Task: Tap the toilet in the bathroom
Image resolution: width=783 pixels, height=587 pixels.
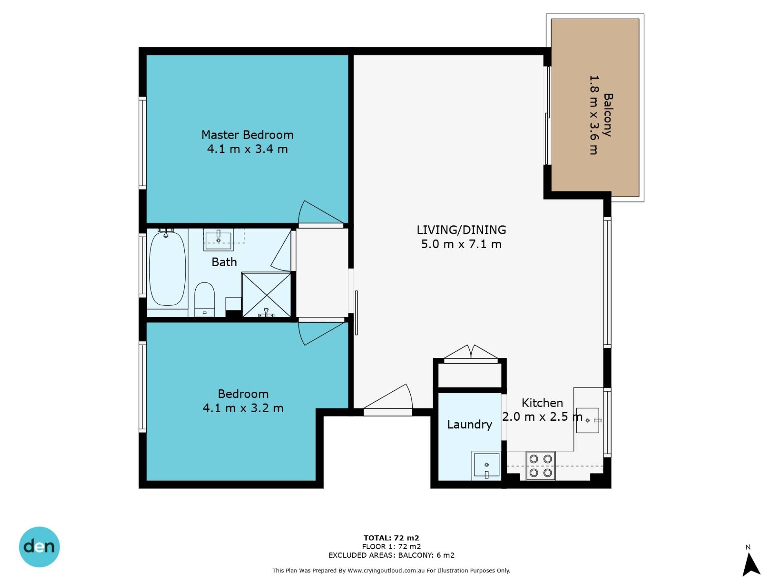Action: point(204,299)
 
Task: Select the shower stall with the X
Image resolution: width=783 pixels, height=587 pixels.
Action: point(266,295)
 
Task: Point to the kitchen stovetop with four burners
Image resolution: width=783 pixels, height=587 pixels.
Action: point(540,466)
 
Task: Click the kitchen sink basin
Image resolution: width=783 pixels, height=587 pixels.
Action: point(587,420)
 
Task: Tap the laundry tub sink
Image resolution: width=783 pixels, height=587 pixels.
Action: point(486,466)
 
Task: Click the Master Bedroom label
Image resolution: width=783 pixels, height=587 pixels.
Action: point(248,135)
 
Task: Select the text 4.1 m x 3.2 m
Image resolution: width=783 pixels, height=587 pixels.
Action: point(243,408)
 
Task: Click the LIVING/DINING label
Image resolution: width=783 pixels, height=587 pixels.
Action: point(461,230)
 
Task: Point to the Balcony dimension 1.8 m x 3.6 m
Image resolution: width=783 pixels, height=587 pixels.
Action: point(594,115)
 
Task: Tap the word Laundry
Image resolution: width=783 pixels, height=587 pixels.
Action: point(469,425)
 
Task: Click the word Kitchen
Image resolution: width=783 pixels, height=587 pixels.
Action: point(542,403)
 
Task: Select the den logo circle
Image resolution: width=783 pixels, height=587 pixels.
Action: point(40,547)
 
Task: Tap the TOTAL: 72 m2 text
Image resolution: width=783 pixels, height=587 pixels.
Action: point(391,538)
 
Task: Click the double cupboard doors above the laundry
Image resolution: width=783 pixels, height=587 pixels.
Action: point(471,353)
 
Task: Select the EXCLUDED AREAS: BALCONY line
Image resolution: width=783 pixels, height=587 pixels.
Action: point(391,555)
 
